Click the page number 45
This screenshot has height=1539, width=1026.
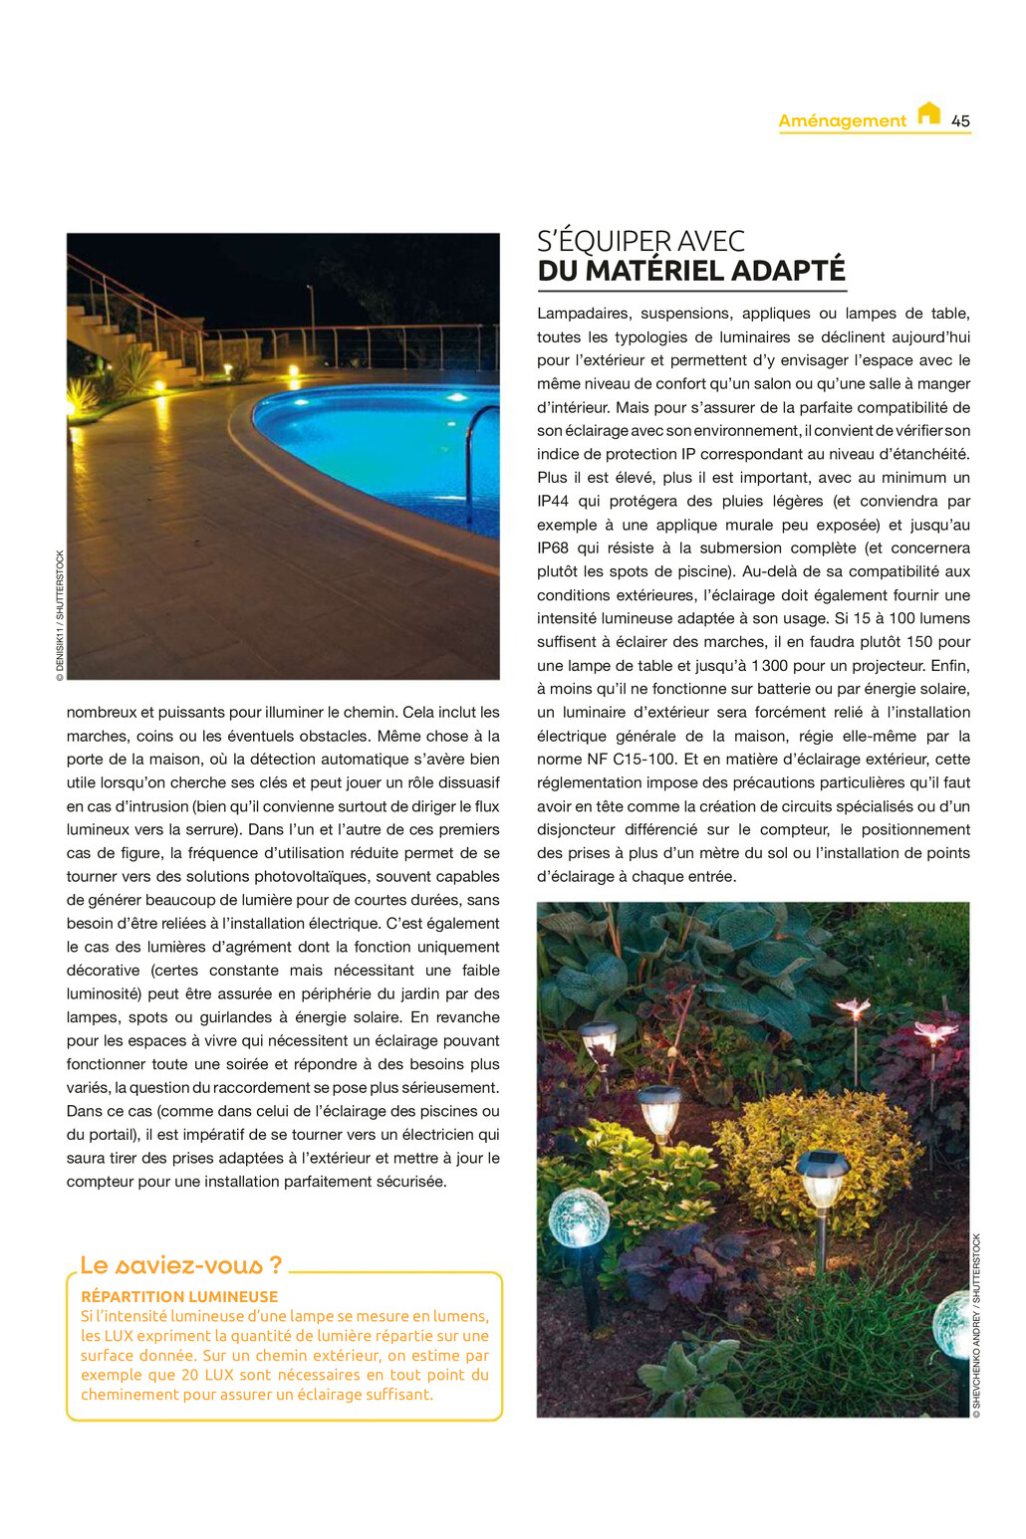[x=960, y=120]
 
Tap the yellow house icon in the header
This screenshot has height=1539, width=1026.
[x=928, y=113]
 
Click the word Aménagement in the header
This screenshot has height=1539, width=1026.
[x=842, y=121]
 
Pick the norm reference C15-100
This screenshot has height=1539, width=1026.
[x=645, y=759]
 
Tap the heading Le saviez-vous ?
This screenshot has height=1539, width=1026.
[x=180, y=1265]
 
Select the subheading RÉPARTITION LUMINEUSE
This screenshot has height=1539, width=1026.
[x=179, y=1296]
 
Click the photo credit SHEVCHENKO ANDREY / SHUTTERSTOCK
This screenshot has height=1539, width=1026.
[x=977, y=1325]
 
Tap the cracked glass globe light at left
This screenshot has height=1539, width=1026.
[x=579, y=1216]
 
